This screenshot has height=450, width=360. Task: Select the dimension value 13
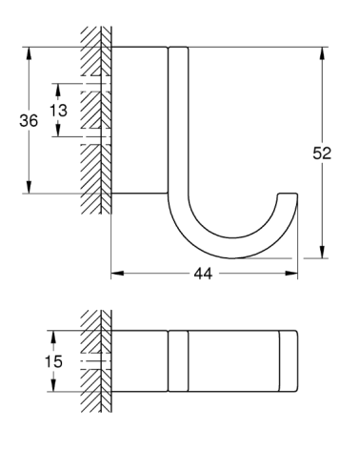[x=59, y=110]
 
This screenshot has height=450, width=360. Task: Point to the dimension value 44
[x=202, y=274]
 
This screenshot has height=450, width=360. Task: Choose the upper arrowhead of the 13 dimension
[x=59, y=88]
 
